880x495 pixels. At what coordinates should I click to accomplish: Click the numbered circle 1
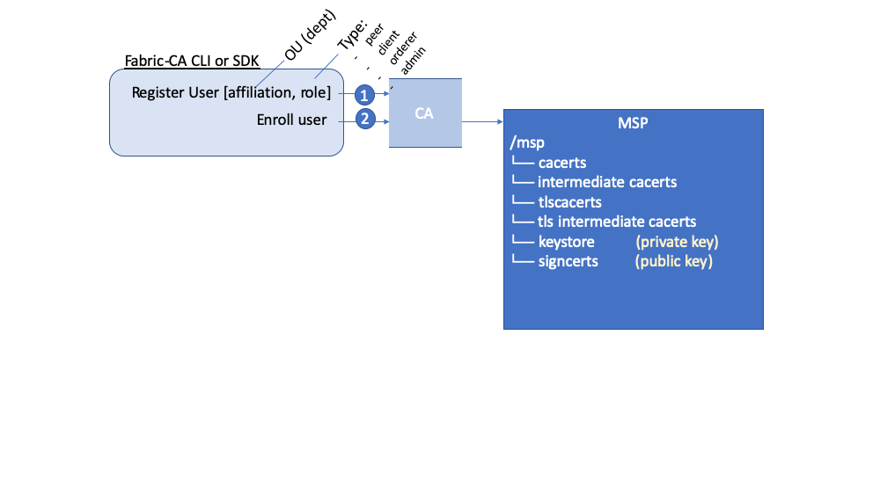coord(365,94)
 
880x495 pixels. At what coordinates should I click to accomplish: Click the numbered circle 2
coord(365,119)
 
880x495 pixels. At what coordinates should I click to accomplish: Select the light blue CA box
coord(425,113)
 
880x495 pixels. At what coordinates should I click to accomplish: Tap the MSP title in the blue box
coord(633,123)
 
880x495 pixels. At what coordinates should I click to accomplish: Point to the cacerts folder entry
coord(561,163)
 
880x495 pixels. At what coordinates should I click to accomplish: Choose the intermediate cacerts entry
coord(607,182)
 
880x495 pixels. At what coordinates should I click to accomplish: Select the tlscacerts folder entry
coord(569,202)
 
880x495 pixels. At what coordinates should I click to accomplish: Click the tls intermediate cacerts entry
coord(616,222)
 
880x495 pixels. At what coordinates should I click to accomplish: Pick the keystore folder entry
coord(566,242)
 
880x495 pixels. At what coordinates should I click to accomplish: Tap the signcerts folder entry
coord(568,261)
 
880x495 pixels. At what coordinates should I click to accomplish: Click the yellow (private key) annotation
coord(677,242)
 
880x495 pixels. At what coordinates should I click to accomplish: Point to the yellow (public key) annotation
coord(674,261)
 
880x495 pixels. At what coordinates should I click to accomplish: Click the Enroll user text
coord(291,120)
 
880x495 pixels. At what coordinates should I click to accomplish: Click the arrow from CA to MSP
coord(481,123)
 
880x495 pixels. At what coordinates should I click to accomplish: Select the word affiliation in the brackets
coord(260,92)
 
